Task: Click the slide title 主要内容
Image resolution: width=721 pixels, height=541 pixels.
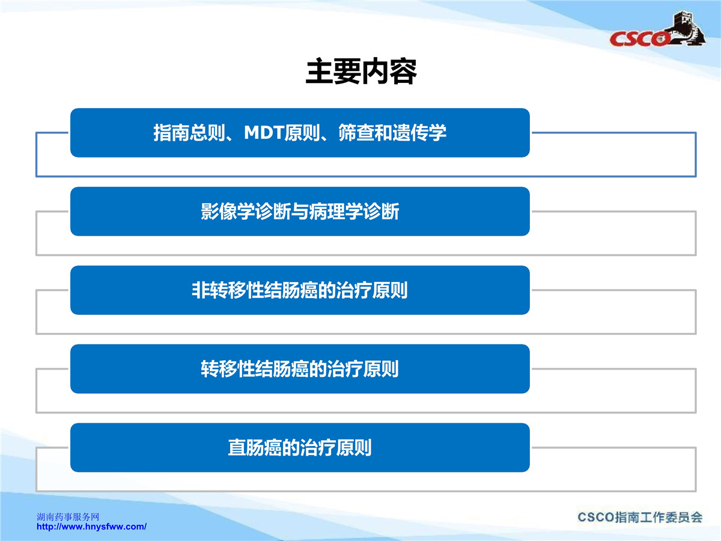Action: [361, 72]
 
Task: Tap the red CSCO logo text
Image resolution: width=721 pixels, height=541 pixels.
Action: [639, 38]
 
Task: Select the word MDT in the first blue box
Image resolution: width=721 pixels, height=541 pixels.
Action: [264, 133]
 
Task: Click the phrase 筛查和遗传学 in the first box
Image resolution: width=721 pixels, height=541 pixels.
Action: [392, 133]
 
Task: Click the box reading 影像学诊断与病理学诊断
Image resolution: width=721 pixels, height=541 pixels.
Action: [300, 211]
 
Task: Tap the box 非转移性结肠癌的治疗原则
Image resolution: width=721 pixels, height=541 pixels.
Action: [300, 290]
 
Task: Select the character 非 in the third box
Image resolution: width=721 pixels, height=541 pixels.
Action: [201, 290]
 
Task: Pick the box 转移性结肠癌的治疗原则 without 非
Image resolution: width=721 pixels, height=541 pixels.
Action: [300, 369]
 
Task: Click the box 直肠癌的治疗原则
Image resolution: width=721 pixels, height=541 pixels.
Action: [300, 447]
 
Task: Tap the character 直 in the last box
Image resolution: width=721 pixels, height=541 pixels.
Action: [237, 447]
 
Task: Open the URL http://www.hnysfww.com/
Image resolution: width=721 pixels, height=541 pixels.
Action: [92, 527]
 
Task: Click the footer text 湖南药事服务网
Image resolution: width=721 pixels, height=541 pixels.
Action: [68, 517]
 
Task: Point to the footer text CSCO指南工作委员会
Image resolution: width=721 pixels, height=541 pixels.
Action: [640, 517]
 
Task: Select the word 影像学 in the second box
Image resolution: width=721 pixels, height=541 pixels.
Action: [228, 211]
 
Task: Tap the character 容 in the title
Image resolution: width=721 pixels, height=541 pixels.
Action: [403, 72]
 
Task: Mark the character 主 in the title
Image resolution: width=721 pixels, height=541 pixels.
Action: [319, 72]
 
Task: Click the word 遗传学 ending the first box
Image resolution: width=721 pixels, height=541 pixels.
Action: [419, 133]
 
